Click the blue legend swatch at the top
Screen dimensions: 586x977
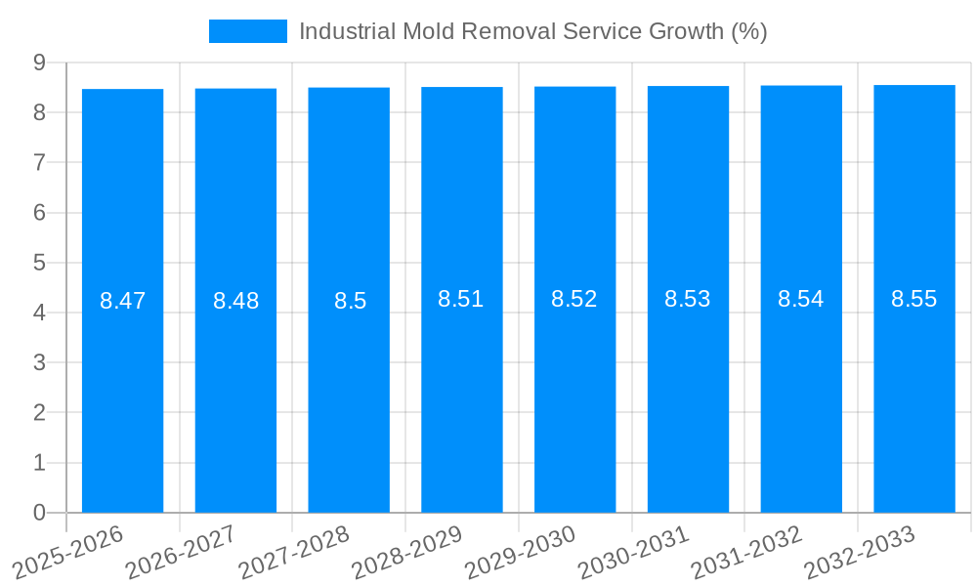tap(248, 31)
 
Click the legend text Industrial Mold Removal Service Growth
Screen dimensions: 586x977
tap(532, 31)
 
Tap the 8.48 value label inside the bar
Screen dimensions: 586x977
tap(236, 301)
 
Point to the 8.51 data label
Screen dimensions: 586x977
tap(461, 299)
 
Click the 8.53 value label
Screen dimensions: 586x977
tap(688, 299)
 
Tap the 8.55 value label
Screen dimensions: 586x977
tap(914, 299)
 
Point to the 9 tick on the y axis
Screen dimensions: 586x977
tap(39, 63)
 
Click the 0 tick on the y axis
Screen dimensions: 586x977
tap(39, 513)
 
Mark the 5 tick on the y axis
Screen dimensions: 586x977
tap(39, 263)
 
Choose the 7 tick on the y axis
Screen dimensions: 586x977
tap(39, 162)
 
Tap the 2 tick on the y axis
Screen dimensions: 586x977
tap(39, 413)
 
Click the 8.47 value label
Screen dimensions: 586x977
tap(123, 301)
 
